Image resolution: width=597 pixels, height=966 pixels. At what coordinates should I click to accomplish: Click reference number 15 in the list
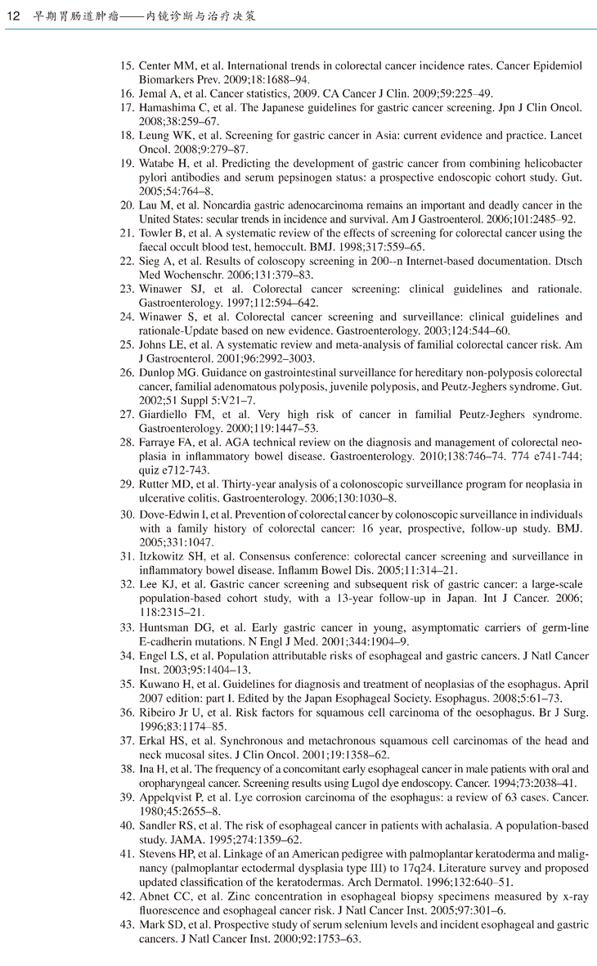tap(127, 65)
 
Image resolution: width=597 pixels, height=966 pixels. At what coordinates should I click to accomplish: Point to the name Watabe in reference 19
tap(157, 164)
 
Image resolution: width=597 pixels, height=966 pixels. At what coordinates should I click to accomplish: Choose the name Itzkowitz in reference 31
tap(164, 556)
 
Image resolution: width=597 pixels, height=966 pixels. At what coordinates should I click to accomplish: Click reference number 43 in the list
tap(127, 925)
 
